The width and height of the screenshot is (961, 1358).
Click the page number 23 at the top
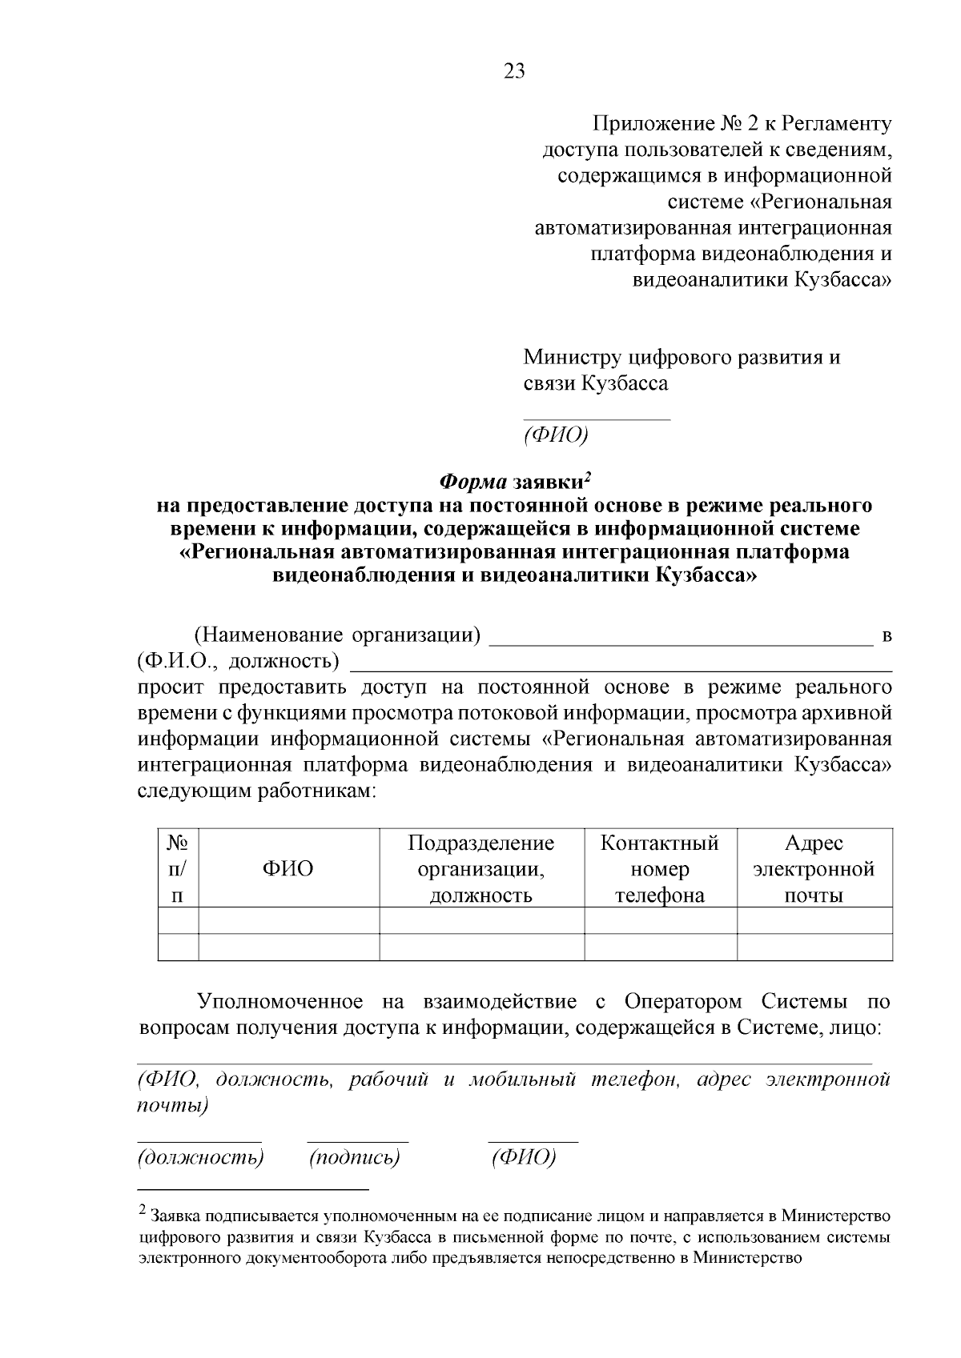click(515, 72)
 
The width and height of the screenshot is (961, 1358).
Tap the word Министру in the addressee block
click(573, 357)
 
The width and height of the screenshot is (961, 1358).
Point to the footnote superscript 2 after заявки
click(587, 477)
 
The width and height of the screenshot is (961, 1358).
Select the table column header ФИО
click(288, 868)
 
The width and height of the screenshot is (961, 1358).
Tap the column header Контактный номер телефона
click(660, 868)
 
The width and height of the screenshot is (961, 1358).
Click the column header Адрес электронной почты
click(814, 868)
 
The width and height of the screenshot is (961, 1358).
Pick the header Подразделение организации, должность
click(481, 868)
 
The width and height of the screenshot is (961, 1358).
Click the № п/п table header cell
click(178, 868)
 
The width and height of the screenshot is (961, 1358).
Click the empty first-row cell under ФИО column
click(288, 920)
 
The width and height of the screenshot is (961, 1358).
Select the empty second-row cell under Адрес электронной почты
click(814, 947)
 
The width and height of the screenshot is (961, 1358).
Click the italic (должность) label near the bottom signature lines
click(200, 1157)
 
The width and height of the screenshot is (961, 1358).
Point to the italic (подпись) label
click(354, 1157)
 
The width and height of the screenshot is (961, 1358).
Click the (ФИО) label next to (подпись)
click(523, 1157)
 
